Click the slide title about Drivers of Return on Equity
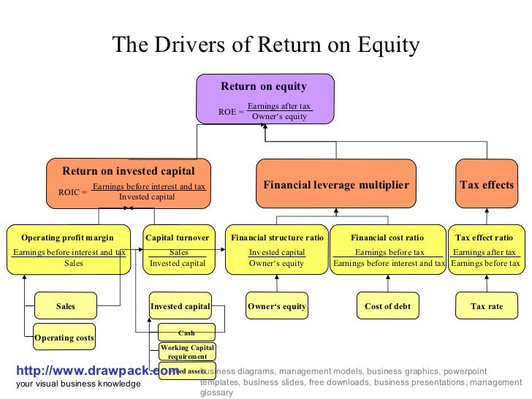click(266, 46)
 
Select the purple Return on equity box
click(265, 98)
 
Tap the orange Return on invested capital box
click(129, 183)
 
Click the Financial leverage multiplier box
click(335, 185)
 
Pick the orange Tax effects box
click(487, 185)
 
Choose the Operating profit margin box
click(68, 249)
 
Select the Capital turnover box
click(178, 249)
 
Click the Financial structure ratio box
click(276, 249)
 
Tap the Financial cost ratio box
click(387, 249)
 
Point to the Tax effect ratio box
click(484, 249)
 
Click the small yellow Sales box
click(66, 306)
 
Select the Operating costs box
click(65, 338)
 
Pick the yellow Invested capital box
click(179, 306)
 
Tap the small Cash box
click(186, 332)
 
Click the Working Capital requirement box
click(187, 351)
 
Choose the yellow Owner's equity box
click(276, 306)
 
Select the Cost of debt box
click(387, 306)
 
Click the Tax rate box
click(487, 306)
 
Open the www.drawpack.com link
click(92, 370)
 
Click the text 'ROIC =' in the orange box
click(72, 193)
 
